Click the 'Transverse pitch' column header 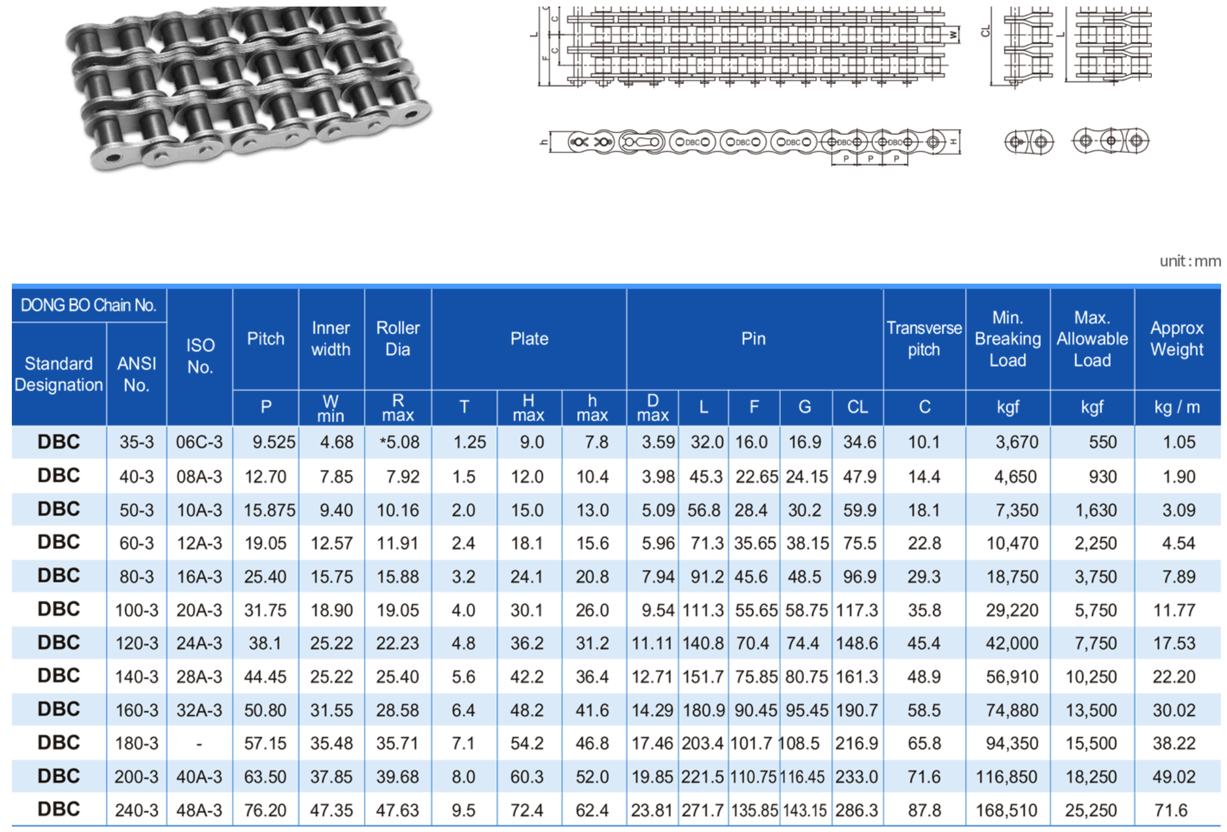click(x=924, y=338)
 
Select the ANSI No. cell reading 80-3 click(x=136, y=577)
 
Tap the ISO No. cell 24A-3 click(x=199, y=643)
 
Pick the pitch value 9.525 click(x=273, y=442)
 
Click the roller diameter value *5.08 click(x=399, y=442)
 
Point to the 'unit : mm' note click(x=1190, y=261)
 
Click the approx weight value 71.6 click(x=1171, y=810)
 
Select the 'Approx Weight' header click(x=1177, y=338)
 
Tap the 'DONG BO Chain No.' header click(x=88, y=305)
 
